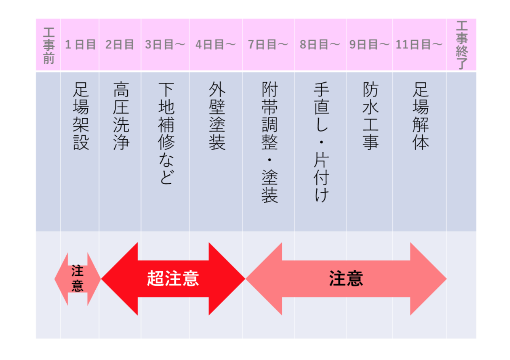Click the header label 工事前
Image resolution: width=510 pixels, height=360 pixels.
point(49,45)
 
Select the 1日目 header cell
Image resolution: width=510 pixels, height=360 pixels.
point(80,45)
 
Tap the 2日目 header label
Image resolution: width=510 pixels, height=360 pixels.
point(120,45)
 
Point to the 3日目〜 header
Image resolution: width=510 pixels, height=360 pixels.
point(165,45)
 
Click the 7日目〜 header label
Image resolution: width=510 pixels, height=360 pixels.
point(268,45)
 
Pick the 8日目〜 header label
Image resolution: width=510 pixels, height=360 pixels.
point(320,45)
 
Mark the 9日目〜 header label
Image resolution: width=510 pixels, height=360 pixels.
point(369,45)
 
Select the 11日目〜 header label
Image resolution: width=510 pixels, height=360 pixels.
point(419,45)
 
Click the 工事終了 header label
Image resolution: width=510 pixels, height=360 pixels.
point(462,45)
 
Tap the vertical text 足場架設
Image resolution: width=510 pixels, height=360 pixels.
point(81,116)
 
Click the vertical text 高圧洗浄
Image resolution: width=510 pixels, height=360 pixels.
point(121,116)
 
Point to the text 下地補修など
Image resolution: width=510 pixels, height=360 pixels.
point(166,133)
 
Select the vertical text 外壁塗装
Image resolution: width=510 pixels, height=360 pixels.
point(217,116)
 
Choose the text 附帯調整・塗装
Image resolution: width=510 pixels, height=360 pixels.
point(269,142)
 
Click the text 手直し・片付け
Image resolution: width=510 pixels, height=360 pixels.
point(321,142)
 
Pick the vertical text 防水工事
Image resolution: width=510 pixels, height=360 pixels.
point(370,116)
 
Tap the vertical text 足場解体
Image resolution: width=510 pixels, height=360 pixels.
point(420,116)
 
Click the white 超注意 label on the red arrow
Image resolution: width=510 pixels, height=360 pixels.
point(173,278)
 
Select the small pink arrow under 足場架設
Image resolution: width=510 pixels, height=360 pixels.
point(78,279)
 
